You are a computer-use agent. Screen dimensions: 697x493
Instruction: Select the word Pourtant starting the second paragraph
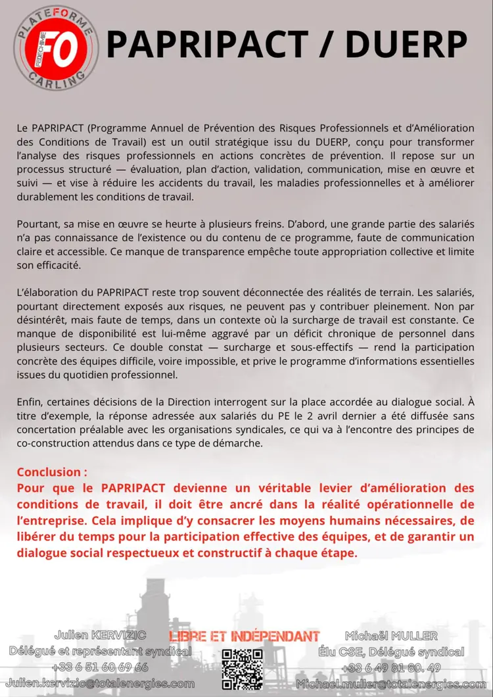(37, 224)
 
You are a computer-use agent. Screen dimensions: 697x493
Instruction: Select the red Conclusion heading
(52, 472)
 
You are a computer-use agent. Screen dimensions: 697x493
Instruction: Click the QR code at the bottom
(242, 669)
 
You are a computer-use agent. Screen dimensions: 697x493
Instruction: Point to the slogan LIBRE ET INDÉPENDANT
(245, 636)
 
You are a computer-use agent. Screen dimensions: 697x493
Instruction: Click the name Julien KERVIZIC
(100, 635)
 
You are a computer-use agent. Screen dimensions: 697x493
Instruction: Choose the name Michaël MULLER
(391, 636)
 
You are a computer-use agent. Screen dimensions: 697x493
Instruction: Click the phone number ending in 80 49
(391, 668)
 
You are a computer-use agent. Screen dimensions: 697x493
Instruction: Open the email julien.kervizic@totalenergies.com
(102, 684)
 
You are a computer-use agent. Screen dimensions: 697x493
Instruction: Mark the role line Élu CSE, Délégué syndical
(391, 652)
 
